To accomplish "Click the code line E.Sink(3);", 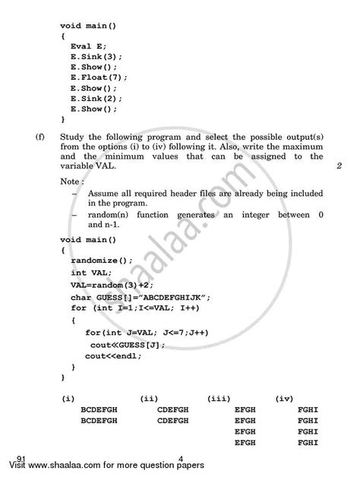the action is [x=96, y=56].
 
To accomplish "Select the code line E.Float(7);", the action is [x=99, y=77].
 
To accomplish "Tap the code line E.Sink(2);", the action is [x=96, y=98].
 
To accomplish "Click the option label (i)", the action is [x=68, y=397].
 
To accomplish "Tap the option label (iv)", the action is [x=285, y=397].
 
